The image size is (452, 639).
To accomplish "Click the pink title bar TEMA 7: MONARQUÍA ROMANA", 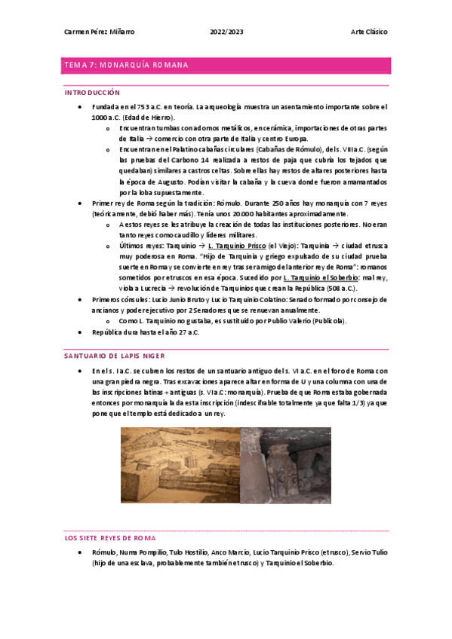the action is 226,66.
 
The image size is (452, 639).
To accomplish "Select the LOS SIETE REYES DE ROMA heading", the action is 110,538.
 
